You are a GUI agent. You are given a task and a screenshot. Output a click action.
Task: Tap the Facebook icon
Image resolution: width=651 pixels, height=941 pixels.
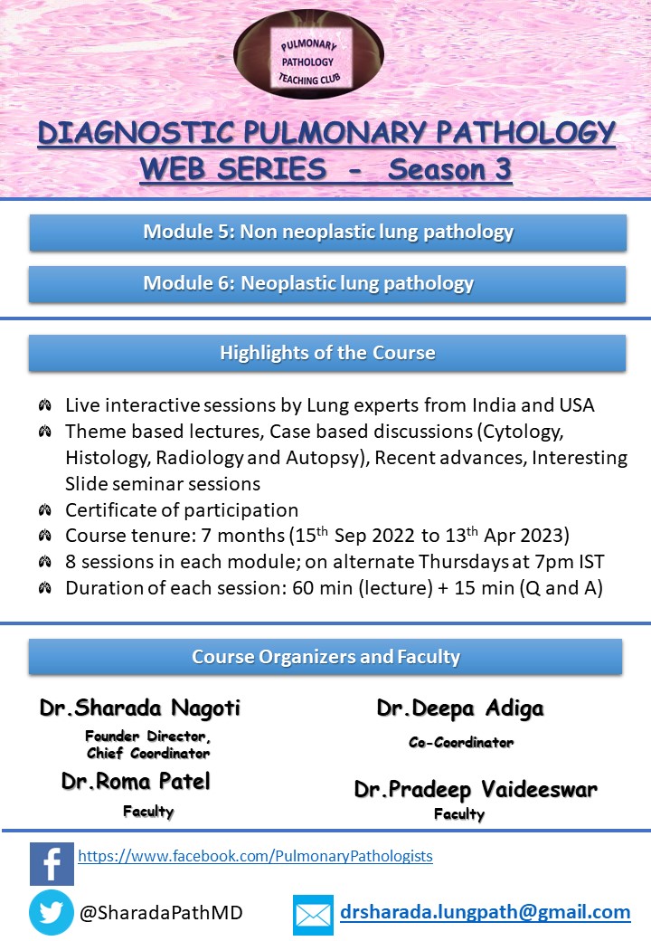point(52,863)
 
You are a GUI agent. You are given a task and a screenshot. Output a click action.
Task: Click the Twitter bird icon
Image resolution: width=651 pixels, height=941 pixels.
point(52,912)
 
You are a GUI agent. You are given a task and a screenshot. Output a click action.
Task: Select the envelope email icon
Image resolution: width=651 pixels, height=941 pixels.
point(313,915)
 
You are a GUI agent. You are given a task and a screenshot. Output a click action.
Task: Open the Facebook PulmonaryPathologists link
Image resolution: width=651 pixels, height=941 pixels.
point(255,855)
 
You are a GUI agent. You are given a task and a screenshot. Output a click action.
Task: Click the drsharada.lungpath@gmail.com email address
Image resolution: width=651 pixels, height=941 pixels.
point(485,912)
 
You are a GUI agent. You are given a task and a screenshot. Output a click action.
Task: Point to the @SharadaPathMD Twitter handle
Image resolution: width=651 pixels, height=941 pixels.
point(161,914)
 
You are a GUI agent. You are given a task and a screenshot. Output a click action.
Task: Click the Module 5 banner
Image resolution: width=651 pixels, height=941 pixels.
point(327,233)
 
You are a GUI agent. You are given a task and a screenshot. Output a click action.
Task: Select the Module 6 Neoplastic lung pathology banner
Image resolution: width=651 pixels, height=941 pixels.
point(327,284)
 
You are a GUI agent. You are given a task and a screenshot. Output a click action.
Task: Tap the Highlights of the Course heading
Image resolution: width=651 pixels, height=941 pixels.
point(327,353)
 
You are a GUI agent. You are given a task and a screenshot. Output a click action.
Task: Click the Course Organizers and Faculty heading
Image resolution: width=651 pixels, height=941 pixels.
point(325,657)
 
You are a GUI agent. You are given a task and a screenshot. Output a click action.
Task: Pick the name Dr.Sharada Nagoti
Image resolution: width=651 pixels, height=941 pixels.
point(140,708)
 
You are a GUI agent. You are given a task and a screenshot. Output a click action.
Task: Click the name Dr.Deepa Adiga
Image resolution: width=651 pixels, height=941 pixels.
point(460,708)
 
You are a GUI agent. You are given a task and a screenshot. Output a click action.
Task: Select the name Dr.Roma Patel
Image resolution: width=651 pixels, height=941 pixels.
point(136,781)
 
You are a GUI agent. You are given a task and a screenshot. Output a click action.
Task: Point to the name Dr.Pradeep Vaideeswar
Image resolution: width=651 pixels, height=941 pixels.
point(476,789)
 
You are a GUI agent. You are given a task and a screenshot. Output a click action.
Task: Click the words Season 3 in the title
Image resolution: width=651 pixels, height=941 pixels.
point(449,169)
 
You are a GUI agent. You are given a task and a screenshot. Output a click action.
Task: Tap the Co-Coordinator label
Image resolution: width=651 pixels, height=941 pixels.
point(460,742)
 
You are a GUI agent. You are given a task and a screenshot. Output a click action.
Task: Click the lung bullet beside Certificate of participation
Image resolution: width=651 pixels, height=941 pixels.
point(44,509)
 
